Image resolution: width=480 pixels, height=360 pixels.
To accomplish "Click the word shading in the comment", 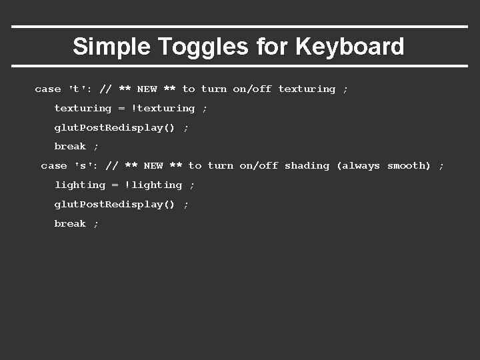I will [307, 165].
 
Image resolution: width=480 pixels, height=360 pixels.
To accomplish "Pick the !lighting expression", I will [153, 185].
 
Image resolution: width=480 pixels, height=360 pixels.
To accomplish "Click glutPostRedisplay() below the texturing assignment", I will [114, 127].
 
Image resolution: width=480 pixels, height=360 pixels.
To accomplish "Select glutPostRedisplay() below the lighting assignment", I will [114, 204].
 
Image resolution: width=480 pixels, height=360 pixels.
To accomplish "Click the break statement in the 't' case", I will [70, 146].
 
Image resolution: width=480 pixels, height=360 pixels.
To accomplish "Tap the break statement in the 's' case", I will [70, 223].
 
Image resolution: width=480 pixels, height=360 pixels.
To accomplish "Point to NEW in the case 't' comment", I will [147, 89].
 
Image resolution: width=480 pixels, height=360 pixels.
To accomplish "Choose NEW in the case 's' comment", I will [153, 165].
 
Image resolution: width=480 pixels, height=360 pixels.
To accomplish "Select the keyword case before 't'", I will [47, 89].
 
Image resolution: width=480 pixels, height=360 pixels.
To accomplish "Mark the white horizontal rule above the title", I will [240, 27].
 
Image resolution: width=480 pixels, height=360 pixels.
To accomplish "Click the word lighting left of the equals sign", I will [80, 185].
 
